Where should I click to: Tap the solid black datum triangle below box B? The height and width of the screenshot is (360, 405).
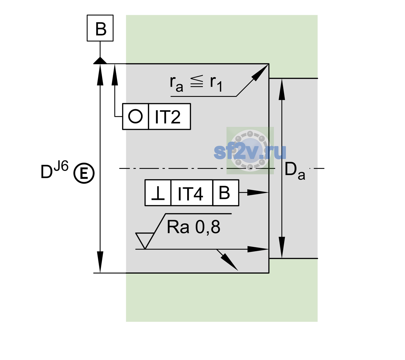pyautogui.click(x=100, y=61)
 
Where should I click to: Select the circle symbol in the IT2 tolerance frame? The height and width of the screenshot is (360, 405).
pyautogui.click(x=135, y=116)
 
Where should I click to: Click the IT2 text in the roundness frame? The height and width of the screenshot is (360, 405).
pyautogui.click(x=168, y=117)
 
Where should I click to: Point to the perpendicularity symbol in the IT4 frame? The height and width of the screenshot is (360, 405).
pyautogui.click(x=158, y=193)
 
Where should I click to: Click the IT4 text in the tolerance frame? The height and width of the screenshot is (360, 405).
pyautogui.click(x=190, y=193)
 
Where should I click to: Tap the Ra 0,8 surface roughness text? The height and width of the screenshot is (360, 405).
pyautogui.click(x=193, y=227)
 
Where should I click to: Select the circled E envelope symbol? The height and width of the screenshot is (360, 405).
pyautogui.click(x=84, y=173)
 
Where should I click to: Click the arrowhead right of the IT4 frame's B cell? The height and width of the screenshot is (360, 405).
pyautogui.click(x=258, y=193)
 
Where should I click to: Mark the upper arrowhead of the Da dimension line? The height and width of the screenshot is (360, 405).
pyautogui.click(x=282, y=89)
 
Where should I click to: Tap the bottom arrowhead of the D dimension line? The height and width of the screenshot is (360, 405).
pyautogui.click(x=100, y=262)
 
